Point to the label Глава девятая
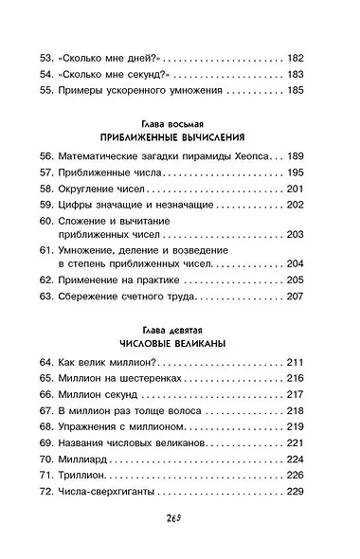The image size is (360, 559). coord(180,324)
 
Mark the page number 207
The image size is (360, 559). coord(296,296)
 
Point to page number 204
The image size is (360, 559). coord(296,262)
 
